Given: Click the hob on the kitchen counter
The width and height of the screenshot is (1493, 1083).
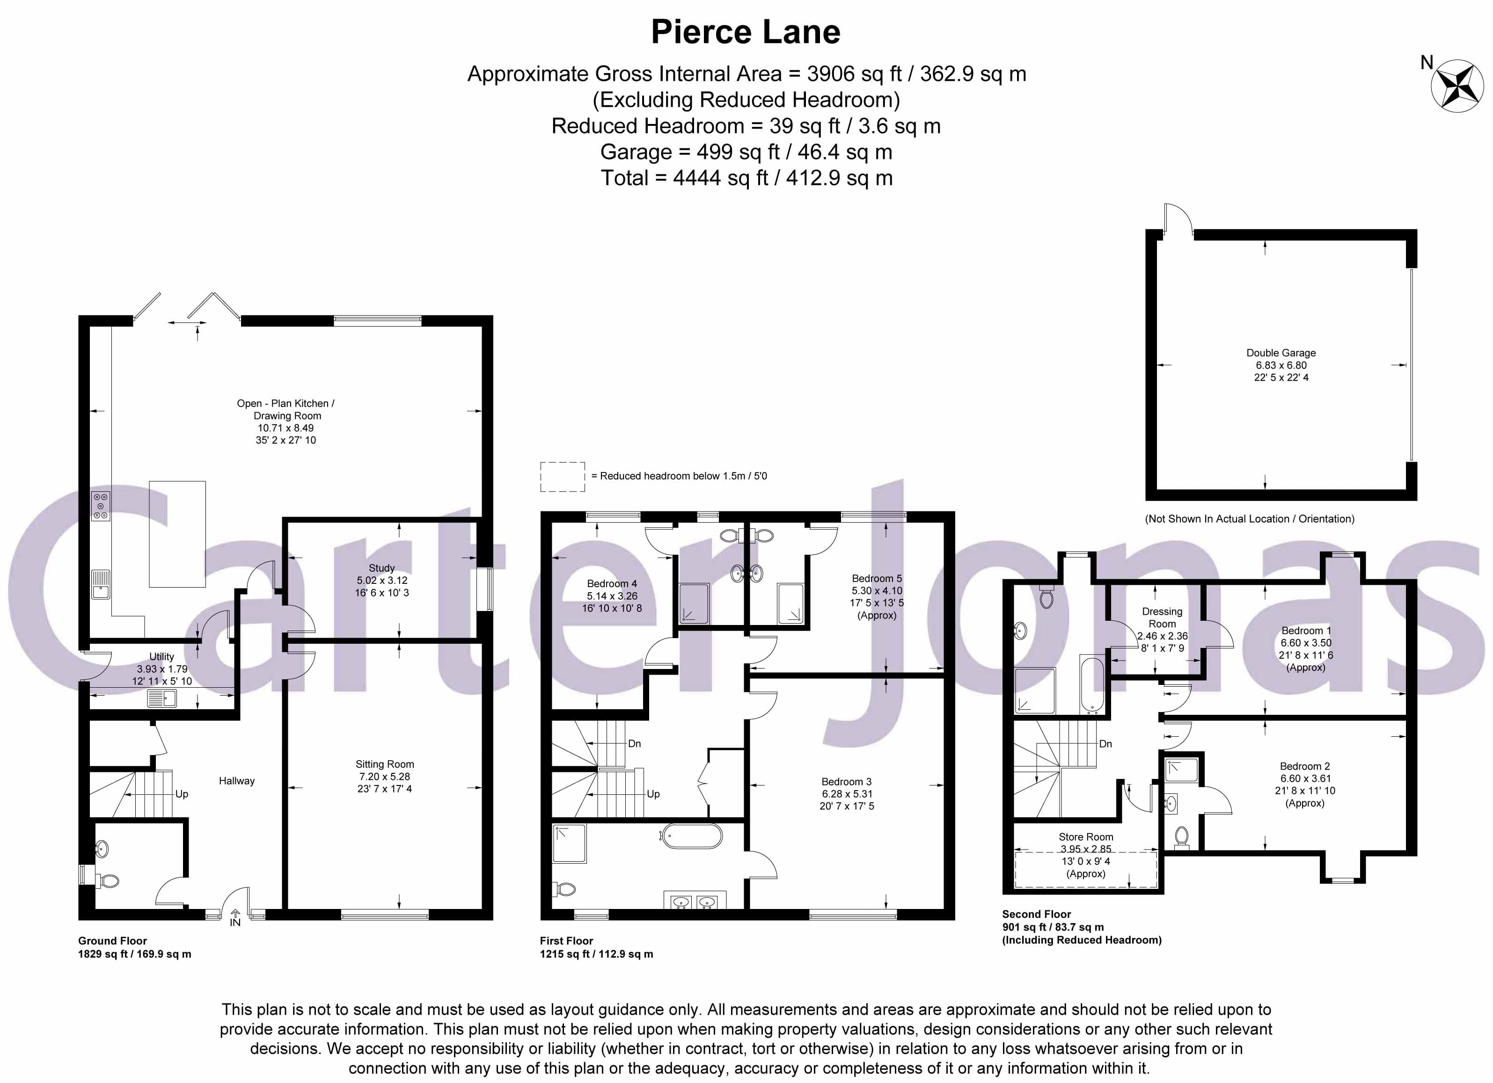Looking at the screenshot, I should click(101, 507).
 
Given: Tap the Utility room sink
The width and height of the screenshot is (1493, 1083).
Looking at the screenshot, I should click(161, 698).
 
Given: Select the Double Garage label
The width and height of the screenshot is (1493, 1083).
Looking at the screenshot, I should click(1281, 353).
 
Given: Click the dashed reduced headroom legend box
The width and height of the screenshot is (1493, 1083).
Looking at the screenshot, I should click(562, 476).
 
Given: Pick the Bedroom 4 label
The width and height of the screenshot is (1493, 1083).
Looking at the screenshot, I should click(612, 584).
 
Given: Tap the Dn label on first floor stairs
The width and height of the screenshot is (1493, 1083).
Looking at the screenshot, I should click(634, 743).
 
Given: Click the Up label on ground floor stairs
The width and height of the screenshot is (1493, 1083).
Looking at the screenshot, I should click(182, 793).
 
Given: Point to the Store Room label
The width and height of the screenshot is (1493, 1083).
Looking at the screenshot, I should click(1085, 837).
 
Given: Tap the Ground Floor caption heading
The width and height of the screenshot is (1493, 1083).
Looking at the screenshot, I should click(113, 940).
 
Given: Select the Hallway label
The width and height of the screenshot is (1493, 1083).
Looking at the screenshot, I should click(236, 780).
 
